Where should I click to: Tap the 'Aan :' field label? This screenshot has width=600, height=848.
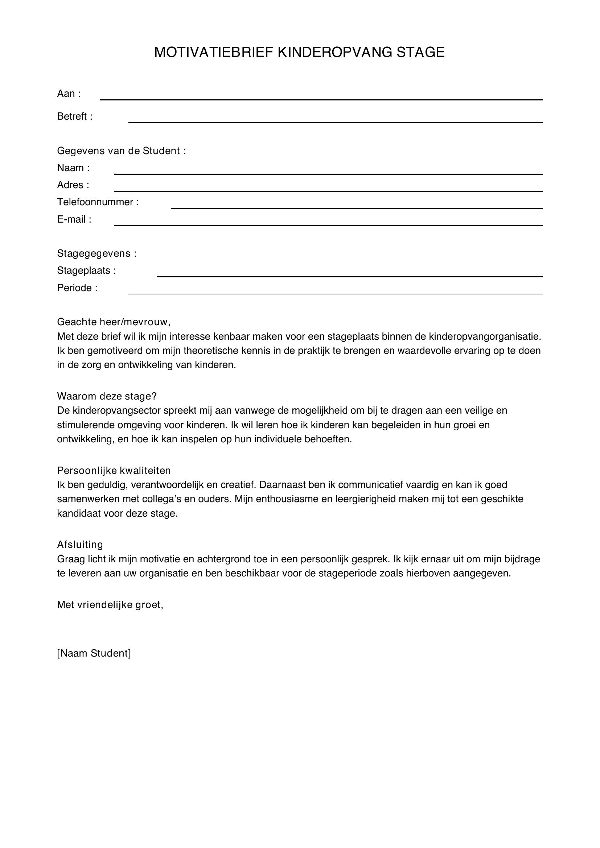point(69,94)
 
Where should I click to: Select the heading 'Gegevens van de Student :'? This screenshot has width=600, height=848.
point(121,151)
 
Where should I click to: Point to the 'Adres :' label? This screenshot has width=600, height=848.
point(73,185)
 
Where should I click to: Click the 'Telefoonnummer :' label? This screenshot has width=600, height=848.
point(98,202)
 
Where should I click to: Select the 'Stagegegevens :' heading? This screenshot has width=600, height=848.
point(97,253)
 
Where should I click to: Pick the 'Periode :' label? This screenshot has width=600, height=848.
point(77,288)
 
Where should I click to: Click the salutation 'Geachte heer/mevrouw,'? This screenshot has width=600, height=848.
point(114,322)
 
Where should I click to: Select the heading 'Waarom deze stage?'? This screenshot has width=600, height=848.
point(107,396)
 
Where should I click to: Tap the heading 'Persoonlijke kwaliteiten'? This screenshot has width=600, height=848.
point(114,471)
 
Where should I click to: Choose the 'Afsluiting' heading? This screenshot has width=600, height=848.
point(80,545)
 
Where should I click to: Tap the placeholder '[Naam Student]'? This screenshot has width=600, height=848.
point(94,653)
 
